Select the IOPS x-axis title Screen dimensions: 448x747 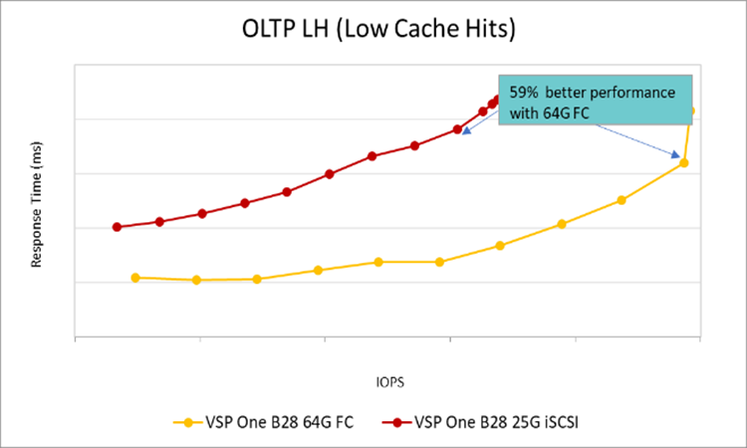coord(389,381)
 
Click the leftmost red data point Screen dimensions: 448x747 coord(117,227)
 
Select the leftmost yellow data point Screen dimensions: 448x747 coord(135,278)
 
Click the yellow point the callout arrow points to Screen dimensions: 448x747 coord(683,162)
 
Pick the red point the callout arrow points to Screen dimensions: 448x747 coord(457,129)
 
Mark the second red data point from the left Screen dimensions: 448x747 coord(159,221)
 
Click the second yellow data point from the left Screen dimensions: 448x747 coord(196,281)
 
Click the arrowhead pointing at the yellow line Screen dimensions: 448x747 coord(678,156)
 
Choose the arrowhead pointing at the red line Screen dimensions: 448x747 coord(465,131)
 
